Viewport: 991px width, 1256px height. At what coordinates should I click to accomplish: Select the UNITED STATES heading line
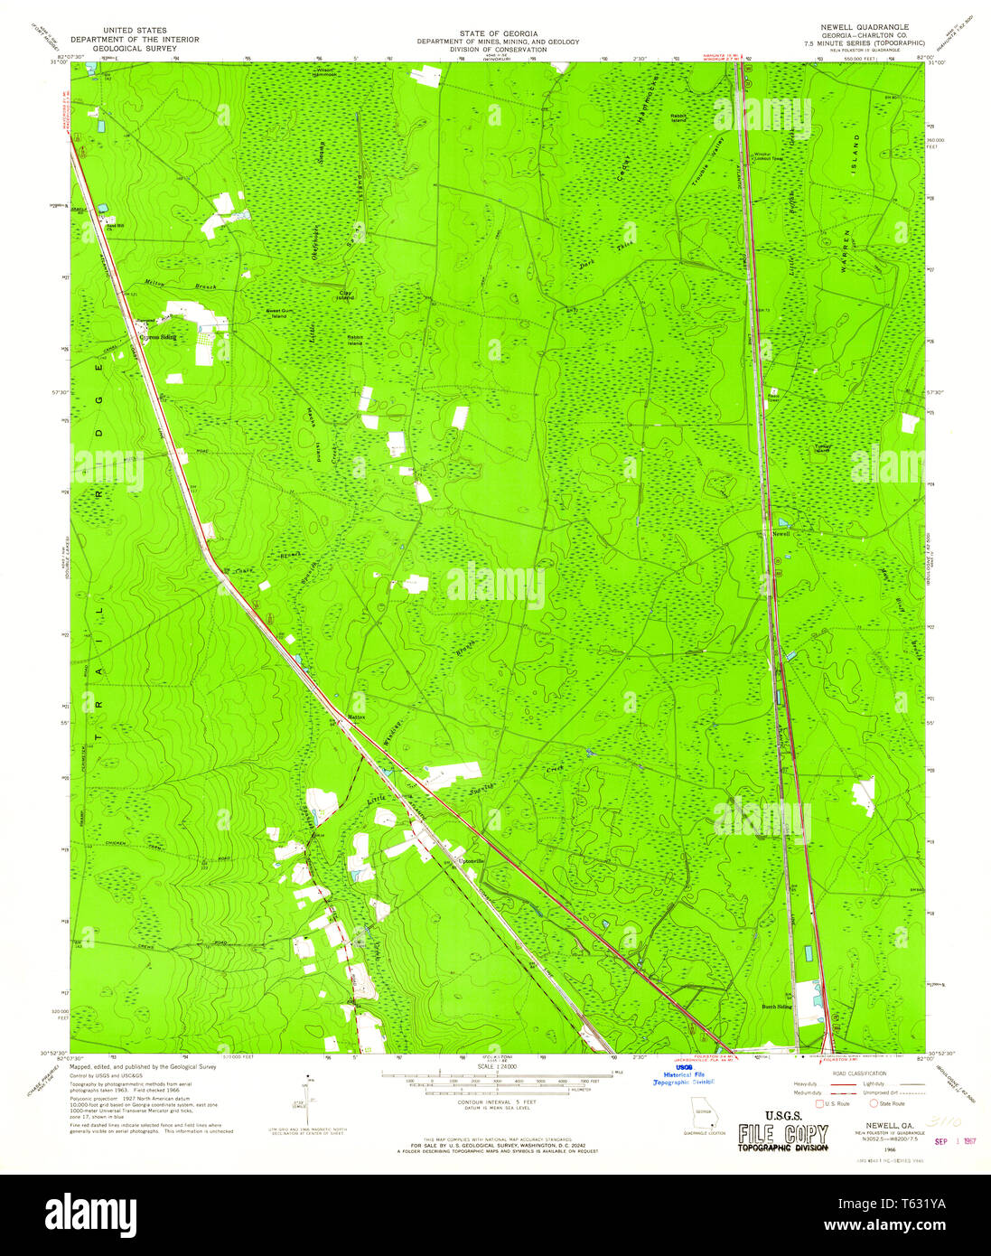point(135,31)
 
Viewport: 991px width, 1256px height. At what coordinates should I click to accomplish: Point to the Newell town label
point(781,534)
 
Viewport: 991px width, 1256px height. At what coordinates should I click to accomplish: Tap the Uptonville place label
point(472,860)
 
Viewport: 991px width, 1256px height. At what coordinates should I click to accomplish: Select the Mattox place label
point(357,717)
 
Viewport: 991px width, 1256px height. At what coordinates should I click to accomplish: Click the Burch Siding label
point(776,1006)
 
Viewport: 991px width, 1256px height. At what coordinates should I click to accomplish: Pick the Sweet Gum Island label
point(276,314)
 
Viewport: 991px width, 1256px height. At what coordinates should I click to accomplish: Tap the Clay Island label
point(346,295)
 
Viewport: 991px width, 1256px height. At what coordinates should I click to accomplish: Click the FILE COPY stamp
point(782,1134)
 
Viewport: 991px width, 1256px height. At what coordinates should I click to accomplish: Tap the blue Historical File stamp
point(684,1075)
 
